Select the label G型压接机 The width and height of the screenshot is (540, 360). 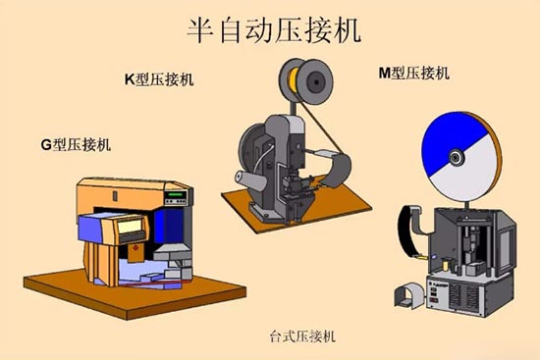coord(76,145)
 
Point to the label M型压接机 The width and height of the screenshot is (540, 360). coord(413,73)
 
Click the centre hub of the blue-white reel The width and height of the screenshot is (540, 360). coord(457,157)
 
